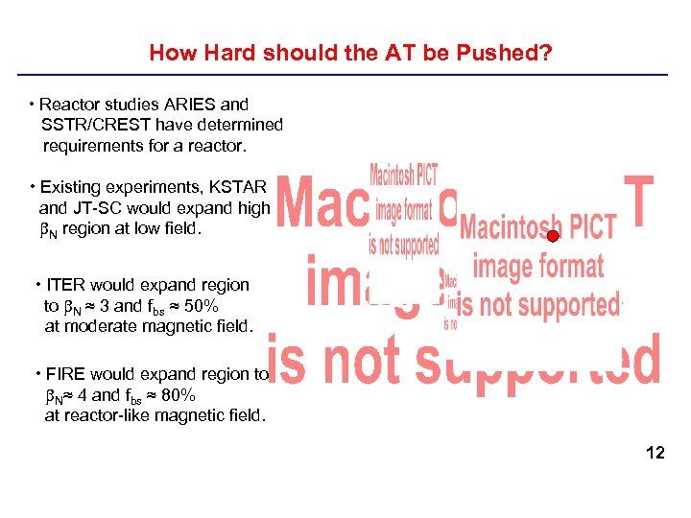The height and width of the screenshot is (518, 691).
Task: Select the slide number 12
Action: tap(655, 452)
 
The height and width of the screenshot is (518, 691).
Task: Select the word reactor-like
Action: tap(108, 415)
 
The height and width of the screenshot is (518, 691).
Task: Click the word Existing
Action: tap(70, 186)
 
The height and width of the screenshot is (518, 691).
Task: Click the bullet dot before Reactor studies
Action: tap(33, 104)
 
